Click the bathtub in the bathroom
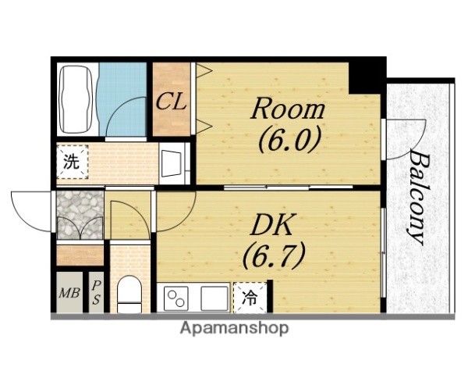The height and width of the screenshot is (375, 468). click(76, 99)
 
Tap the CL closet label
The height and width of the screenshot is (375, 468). click(172, 102)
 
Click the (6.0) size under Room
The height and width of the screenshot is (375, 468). click(289, 140)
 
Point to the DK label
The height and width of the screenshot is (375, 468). click(271, 224)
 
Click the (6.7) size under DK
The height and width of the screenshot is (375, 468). click(274, 255)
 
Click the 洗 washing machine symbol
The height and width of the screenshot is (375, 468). click(72, 162)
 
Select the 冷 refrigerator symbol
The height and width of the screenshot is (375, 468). click(250, 298)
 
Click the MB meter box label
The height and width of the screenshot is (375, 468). click(69, 293)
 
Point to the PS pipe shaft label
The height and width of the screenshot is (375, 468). click(96, 293)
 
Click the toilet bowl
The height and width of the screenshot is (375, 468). click(129, 294)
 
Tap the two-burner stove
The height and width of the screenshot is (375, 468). click(176, 298)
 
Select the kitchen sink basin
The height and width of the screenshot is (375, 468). click(214, 298)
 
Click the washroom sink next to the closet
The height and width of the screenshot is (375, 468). click(172, 163)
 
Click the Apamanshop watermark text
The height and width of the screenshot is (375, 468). click(235, 328)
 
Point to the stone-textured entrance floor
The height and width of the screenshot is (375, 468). click(80, 215)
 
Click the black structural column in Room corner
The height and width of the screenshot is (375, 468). click(367, 76)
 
